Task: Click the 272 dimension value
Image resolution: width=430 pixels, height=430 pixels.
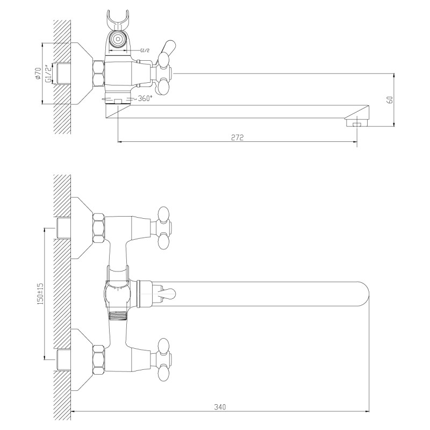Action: tap(237, 137)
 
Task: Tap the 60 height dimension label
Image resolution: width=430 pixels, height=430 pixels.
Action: tap(391, 100)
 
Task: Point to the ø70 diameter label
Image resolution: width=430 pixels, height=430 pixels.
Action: tap(38, 73)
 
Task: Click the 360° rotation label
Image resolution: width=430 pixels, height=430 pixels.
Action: tap(145, 98)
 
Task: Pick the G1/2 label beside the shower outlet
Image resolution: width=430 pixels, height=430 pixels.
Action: tap(145, 51)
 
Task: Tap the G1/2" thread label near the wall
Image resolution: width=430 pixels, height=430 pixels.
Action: tap(48, 74)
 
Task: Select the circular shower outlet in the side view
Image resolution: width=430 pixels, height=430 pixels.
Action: tap(118, 39)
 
